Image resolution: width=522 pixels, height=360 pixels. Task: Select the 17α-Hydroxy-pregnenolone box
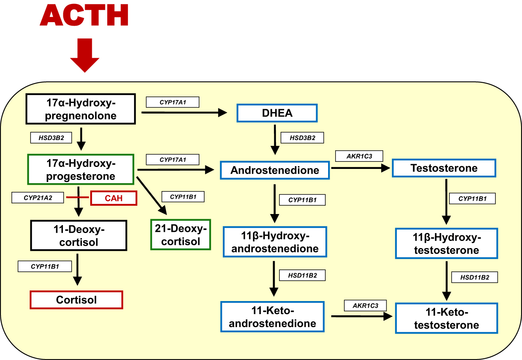(81, 109)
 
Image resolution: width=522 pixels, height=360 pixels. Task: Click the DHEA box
(277, 113)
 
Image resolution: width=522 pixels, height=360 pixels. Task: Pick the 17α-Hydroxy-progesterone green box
(81, 169)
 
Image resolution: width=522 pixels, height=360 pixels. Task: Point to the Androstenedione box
(275, 170)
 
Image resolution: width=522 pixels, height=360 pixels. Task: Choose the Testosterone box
(444, 168)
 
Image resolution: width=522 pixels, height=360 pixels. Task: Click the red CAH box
(114, 198)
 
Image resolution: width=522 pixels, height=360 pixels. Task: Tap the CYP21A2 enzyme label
(38, 198)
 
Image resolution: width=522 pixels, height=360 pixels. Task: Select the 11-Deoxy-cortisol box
(79, 235)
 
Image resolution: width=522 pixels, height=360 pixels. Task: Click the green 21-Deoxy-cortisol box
(180, 235)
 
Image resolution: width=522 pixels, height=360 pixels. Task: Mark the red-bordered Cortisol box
(76, 300)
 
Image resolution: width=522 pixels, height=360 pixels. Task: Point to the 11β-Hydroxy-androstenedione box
(275, 242)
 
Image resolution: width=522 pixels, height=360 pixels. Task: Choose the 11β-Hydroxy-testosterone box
(446, 244)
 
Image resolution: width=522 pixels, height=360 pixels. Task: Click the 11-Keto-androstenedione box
(272, 317)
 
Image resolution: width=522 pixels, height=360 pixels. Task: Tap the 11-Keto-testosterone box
(446, 318)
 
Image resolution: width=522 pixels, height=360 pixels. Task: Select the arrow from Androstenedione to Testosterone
(360, 168)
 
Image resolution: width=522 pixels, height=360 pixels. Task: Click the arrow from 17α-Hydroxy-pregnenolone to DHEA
(184, 113)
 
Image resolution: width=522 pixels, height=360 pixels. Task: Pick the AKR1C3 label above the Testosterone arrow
(359, 156)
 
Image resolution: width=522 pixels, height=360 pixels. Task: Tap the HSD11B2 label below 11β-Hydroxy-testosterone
(475, 277)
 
